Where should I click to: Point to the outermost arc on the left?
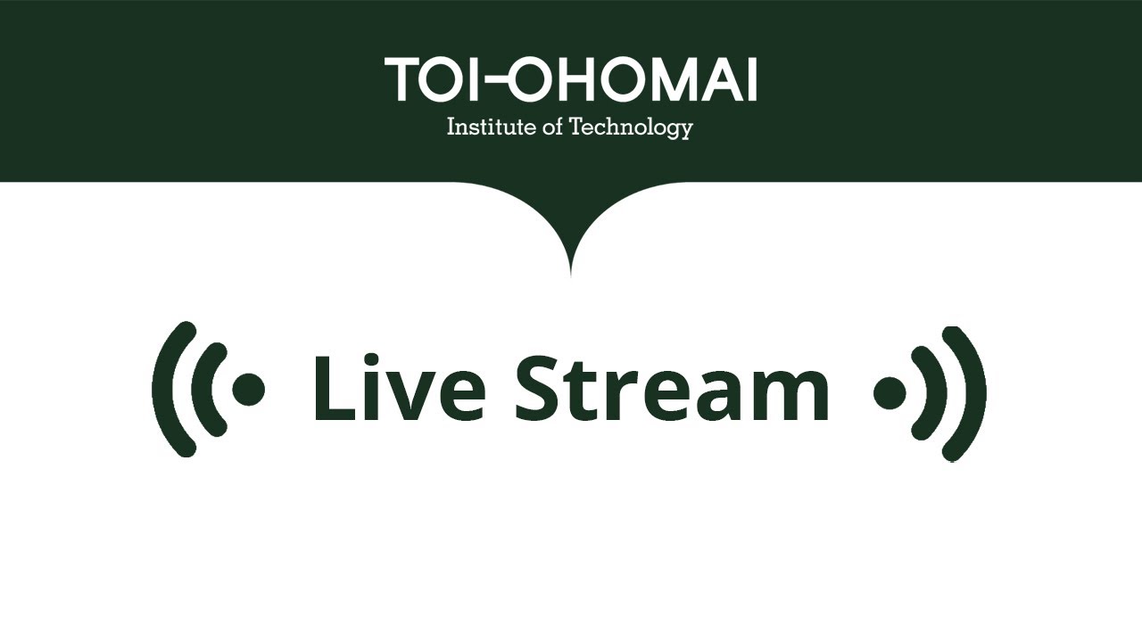tap(163, 390)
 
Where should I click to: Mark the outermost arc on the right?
tap(974, 392)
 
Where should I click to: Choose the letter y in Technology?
tap(684, 131)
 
